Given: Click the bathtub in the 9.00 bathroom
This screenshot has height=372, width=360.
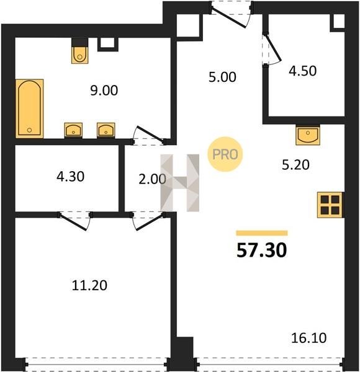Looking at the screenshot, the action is (29, 108).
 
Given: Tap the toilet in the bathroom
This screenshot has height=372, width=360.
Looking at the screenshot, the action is (80, 55).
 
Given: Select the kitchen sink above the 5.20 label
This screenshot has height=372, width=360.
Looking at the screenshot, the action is (308, 135).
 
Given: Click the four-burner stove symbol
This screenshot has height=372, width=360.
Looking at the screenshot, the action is (330, 205).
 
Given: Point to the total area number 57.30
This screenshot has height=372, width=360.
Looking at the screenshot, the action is (262, 250).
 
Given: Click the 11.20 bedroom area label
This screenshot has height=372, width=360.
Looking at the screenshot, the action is (89, 285).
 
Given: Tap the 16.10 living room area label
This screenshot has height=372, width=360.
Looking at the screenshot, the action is (308, 338).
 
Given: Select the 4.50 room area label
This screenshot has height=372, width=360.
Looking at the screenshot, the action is (302, 71).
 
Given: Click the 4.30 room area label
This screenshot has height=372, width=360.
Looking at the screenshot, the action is (70, 177).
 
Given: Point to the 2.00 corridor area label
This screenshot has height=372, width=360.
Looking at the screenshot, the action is (152, 179).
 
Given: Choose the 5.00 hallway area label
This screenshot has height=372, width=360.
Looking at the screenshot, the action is (222, 77).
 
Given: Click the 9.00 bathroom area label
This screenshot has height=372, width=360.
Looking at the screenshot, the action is (104, 91).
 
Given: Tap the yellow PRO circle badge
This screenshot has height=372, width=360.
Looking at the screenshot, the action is (225, 154).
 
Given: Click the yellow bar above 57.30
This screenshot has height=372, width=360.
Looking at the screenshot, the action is (262, 233).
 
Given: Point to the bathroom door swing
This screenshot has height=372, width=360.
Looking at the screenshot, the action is (148, 135).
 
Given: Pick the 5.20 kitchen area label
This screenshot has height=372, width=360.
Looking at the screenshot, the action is (295, 165).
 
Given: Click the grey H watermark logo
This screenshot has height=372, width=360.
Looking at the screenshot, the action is (180, 183).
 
